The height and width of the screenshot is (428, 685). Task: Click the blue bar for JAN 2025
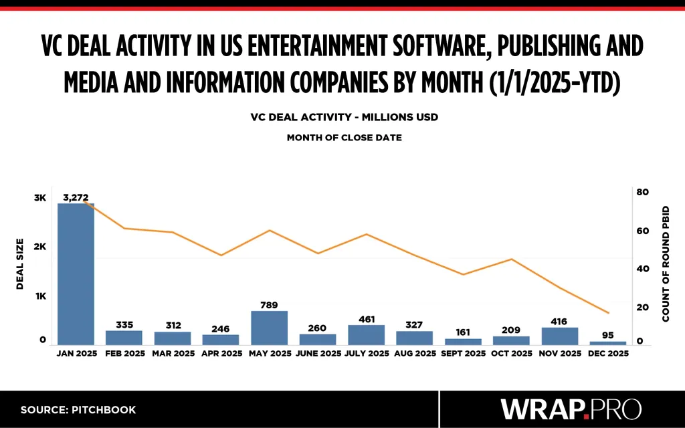click(76, 274)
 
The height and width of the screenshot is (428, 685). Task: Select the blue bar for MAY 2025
click(270, 328)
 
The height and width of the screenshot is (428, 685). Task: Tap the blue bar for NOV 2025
click(560, 336)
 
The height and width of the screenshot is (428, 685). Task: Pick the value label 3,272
click(76, 197)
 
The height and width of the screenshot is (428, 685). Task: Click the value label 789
click(270, 305)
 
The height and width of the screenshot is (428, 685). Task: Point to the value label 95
click(608, 335)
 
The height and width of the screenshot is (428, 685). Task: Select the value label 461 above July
click(367, 319)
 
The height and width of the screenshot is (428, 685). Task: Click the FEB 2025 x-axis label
click(124, 353)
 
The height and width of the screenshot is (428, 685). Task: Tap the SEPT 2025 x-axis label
click(464, 353)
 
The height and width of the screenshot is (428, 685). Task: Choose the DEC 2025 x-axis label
click(608, 353)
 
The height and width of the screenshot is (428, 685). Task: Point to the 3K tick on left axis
click(40, 198)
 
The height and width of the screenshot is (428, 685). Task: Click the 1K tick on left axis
click(40, 296)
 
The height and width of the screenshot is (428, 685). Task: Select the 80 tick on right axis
click(643, 192)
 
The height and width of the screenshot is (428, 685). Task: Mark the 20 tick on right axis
click(643, 308)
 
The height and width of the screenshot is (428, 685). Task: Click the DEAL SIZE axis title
click(20, 263)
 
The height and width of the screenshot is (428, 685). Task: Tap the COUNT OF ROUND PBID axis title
click(666, 263)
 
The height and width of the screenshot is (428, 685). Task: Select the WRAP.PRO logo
click(571, 409)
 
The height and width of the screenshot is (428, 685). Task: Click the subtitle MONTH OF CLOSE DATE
click(345, 138)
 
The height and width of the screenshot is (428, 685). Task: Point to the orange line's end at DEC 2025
click(608, 313)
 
